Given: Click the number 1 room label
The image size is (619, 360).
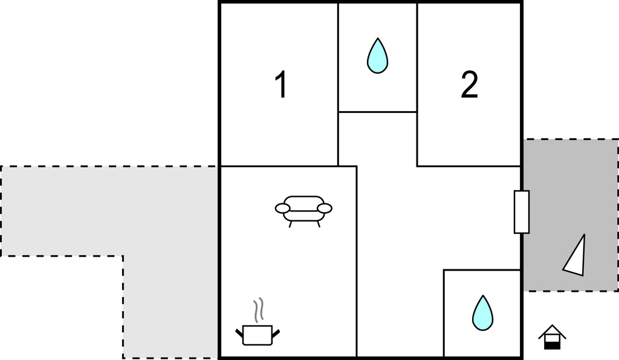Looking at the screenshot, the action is [280, 85].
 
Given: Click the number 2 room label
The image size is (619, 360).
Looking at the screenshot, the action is [469, 85].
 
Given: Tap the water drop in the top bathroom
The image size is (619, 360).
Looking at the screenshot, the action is [377, 56].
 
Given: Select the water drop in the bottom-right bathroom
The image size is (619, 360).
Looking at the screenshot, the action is [483, 313].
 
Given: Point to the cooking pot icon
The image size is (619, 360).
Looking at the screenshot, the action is [258, 335].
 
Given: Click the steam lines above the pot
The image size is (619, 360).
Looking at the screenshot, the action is [258, 310].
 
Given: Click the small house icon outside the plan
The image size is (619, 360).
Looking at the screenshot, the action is [553, 337].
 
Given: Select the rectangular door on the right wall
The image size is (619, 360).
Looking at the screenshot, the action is [522, 212].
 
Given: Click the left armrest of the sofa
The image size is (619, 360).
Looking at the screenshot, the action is [283, 208].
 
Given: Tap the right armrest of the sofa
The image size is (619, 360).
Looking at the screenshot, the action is [325, 208].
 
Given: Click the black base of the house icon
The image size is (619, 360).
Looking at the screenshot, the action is [553, 346].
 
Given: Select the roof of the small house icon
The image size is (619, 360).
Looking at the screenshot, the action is [553, 331].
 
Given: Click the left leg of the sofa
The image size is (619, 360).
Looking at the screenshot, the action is [290, 224].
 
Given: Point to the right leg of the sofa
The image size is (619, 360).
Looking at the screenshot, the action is [317, 224].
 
